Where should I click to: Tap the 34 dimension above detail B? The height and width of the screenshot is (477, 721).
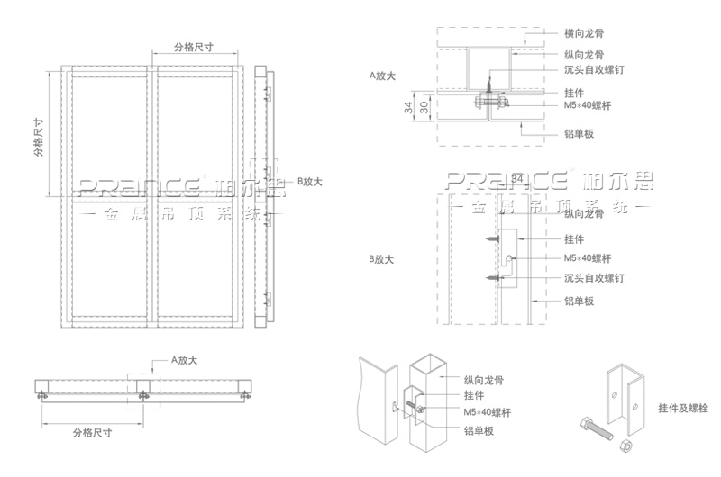tap(516, 179)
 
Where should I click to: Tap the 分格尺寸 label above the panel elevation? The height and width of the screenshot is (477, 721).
tap(193, 48)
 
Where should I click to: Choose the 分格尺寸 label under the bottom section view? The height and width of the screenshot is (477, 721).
tap(92, 432)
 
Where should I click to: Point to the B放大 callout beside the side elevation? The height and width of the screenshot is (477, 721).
tap(309, 182)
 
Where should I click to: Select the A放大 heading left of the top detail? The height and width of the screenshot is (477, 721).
tap(383, 76)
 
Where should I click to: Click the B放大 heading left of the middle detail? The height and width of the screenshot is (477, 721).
tap(383, 260)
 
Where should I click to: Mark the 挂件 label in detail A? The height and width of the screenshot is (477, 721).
tap(573, 93)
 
